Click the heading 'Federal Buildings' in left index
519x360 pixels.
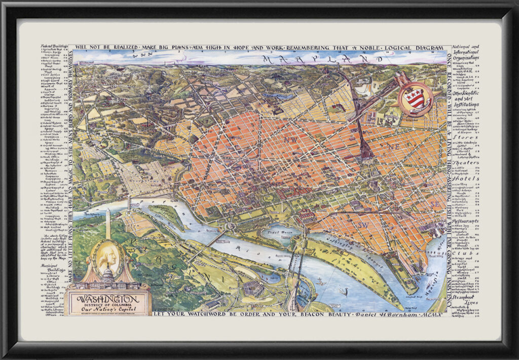[54, 47]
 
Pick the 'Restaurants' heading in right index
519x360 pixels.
[465, 222]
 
